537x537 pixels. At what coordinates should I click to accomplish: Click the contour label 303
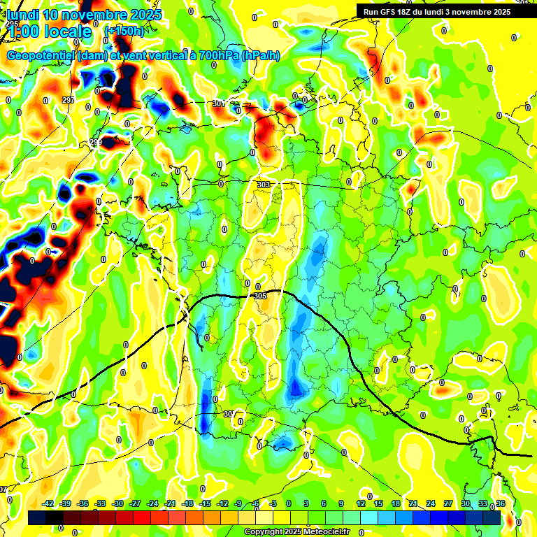coord(264,185)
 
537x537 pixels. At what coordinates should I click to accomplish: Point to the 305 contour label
coord(261,296)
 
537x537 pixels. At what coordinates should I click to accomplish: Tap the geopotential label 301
coord(218,103)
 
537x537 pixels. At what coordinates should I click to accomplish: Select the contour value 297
coord(68,101)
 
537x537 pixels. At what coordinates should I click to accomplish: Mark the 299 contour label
coord(96,143)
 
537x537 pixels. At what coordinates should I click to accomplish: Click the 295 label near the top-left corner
coord(12,24)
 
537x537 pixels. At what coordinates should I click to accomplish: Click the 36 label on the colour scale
coord(500,503)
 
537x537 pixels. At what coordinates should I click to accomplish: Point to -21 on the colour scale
coord(170,503)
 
